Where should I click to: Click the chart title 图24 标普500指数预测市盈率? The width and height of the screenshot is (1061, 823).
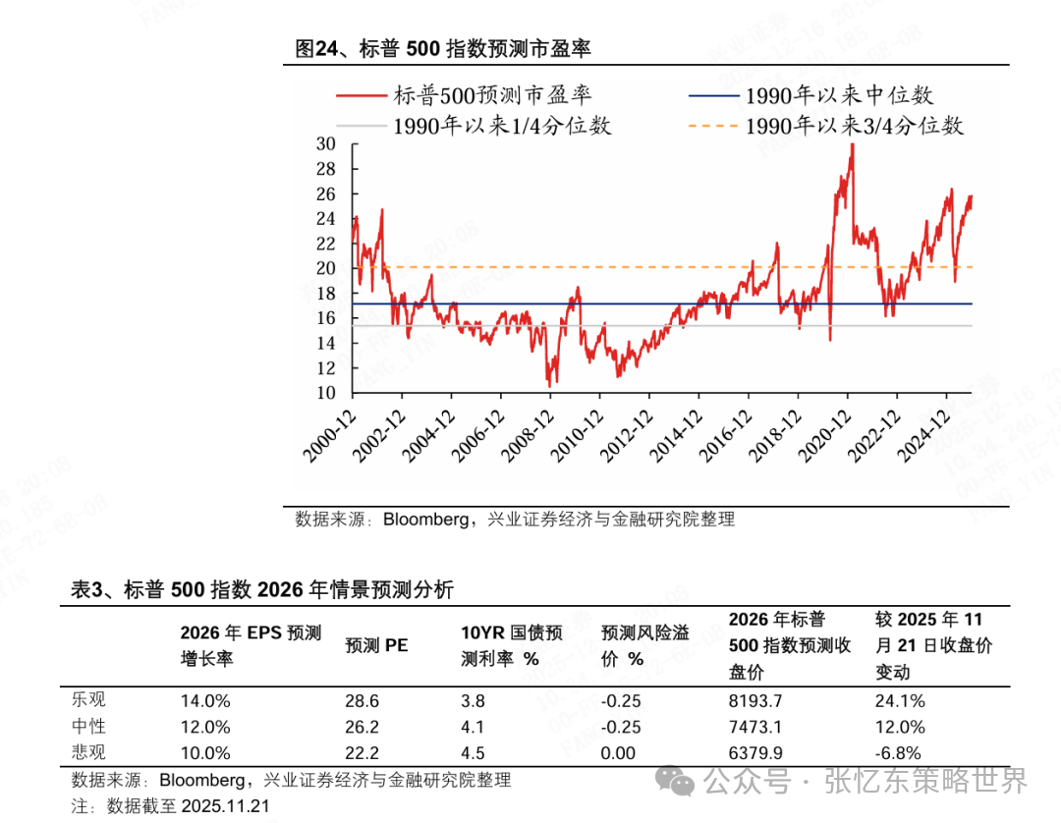(x=443, y=49)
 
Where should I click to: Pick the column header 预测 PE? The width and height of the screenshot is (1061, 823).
(x=376, y=645)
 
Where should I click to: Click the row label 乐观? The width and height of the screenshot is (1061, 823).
(x=88, y=700)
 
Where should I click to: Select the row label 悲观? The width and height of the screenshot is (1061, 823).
(x=88, y=753)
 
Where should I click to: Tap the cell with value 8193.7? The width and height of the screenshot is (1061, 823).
(x=754, y=701)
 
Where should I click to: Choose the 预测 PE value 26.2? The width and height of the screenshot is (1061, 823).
(x=363, y=728)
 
